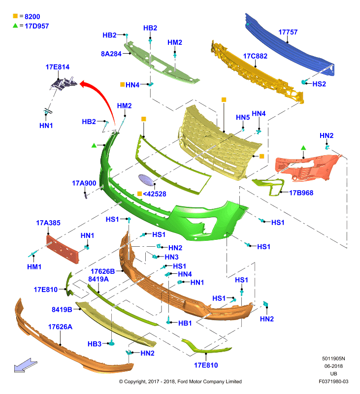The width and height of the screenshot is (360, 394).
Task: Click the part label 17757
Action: click(x=288, y=32)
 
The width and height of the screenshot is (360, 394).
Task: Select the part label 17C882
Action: click(x=255, y=56)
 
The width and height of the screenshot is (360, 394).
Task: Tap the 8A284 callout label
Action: click(x=111, y=54)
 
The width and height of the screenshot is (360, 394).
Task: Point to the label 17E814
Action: click(x=57, y=67)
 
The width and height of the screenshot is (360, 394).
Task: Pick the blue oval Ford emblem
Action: click(x=146, y=180)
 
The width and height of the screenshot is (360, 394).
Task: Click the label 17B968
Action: click(x=301, y=193)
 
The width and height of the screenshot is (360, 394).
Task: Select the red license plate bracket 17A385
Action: click(x=63, y=249)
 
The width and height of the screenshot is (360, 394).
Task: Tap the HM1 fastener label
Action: click(x=34, y=267)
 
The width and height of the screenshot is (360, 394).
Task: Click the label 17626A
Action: click(x=60, y=327)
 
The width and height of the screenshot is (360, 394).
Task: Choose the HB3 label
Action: click(x=95, y=344)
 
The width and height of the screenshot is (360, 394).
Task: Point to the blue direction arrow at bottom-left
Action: click(x=26, y=365)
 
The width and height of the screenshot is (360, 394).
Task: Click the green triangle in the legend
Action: click(x=15, y=26)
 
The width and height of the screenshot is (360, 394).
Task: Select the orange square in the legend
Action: click(x=15, y=16)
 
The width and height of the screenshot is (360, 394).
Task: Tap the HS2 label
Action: click(x=319, y=84)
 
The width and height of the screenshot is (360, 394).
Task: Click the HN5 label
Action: click(x=243, y=118)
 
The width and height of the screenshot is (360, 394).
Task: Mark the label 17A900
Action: click(x=84, y=183)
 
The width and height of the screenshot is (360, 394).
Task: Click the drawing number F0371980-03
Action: click(x=333, y=381)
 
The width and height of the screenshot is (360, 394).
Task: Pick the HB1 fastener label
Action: click(x=185, y=323)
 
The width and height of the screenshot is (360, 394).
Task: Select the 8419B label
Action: click(x=62, y=310)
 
